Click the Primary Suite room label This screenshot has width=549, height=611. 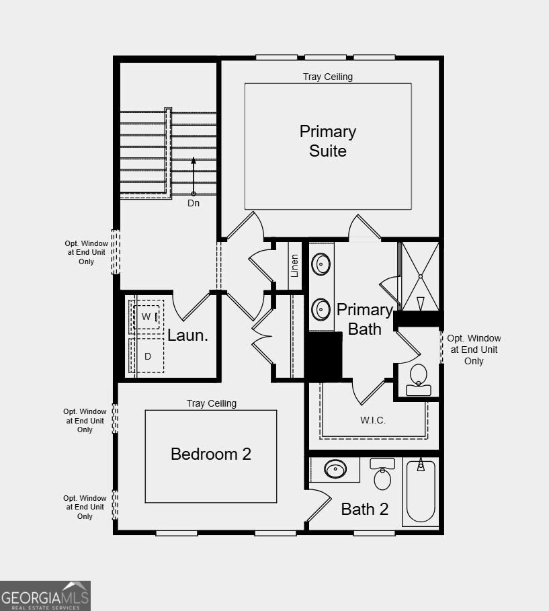tap(328, 141)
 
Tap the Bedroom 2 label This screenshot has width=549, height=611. tap(211, 454)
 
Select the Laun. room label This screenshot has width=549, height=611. tap(187, 335)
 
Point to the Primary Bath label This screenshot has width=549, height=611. tap(364, 319)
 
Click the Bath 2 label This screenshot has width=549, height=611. tap(365, 509)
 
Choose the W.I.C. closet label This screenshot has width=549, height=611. tap(373, 420)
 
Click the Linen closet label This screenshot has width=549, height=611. tap(294, 266)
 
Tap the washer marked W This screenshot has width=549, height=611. tap(146, 316)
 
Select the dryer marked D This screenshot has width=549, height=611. tap(147, 356)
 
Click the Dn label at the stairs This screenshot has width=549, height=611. tap(194, 203)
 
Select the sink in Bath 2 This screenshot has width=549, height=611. tap(335, 469)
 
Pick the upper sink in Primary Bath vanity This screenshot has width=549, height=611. tap(322, 264)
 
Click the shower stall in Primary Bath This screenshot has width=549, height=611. tap(420, 276)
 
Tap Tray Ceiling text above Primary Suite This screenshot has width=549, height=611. tap(327, 77)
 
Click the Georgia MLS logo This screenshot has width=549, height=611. tap(45, 596)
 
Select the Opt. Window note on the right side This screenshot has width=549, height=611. tap(474, 350)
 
